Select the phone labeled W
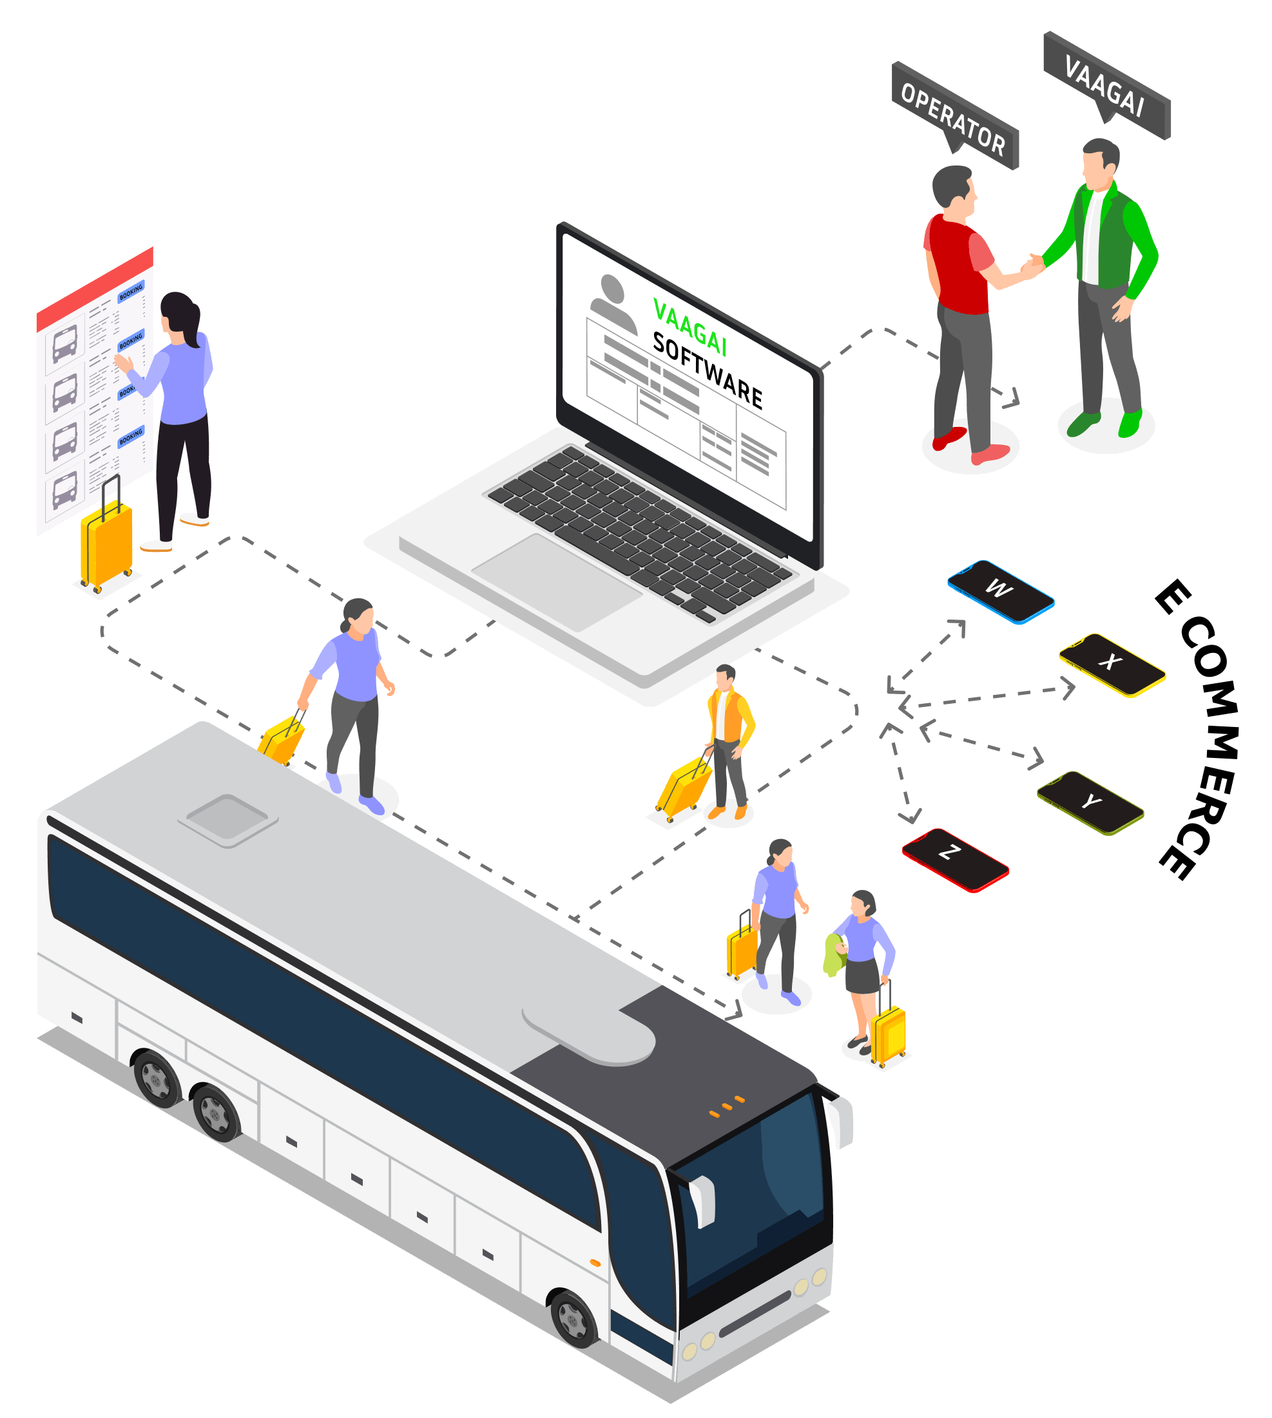coord(1000,591)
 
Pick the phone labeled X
coord(1112,665)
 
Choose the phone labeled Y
coord(1090,802)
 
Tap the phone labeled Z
coord(955,859)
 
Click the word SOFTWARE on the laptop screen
coord(707,370)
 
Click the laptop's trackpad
coord(556,581)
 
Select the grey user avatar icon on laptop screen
coord(613,303)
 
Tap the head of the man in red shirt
coord(954,187)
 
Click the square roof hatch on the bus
coord(228,818)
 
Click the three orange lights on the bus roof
coord(727,1106)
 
